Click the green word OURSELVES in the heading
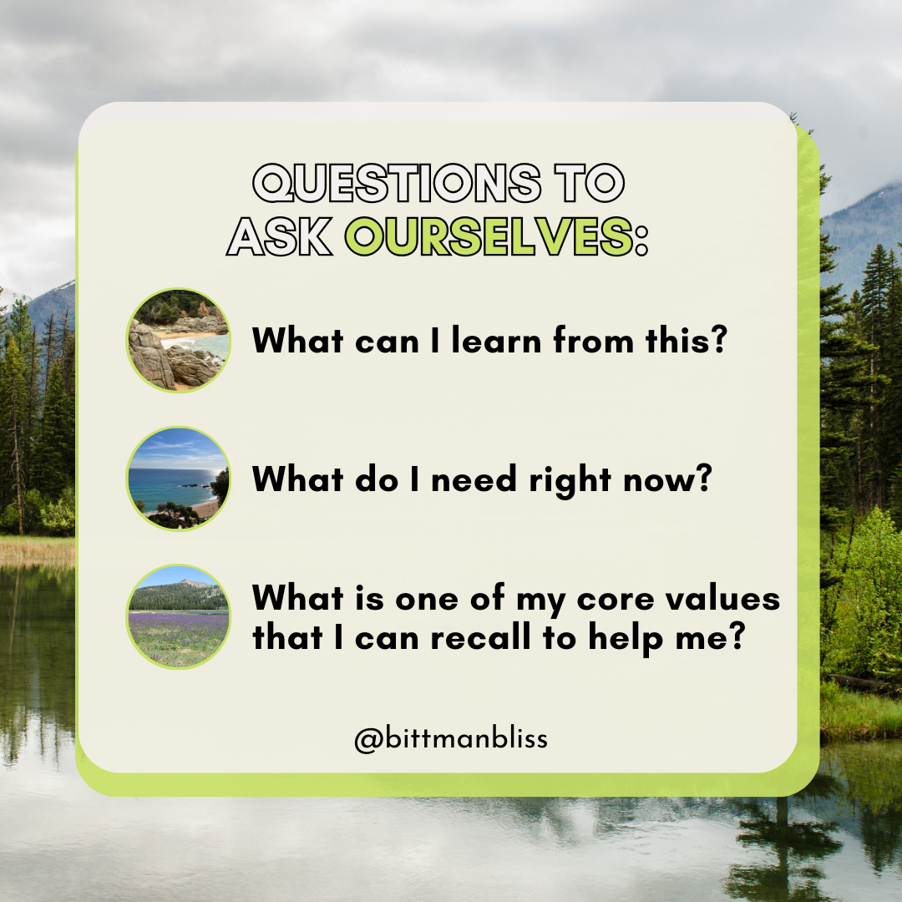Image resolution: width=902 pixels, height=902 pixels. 489,236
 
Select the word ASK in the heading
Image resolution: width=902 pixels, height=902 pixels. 280,236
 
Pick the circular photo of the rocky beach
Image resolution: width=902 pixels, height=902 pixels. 179,341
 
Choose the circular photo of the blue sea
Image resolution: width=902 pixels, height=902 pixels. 179,479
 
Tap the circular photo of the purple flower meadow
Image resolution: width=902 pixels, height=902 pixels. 179,616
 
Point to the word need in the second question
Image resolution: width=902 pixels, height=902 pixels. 474,479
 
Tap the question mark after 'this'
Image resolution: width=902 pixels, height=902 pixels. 719,339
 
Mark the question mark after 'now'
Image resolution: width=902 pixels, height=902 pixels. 703,478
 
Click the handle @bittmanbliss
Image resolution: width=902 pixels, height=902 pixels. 451,738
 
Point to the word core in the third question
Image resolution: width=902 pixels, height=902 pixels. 615,598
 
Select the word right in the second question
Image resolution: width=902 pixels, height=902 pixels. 570,479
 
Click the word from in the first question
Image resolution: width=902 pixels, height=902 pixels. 593,340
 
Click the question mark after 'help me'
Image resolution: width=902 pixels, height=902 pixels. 737,636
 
